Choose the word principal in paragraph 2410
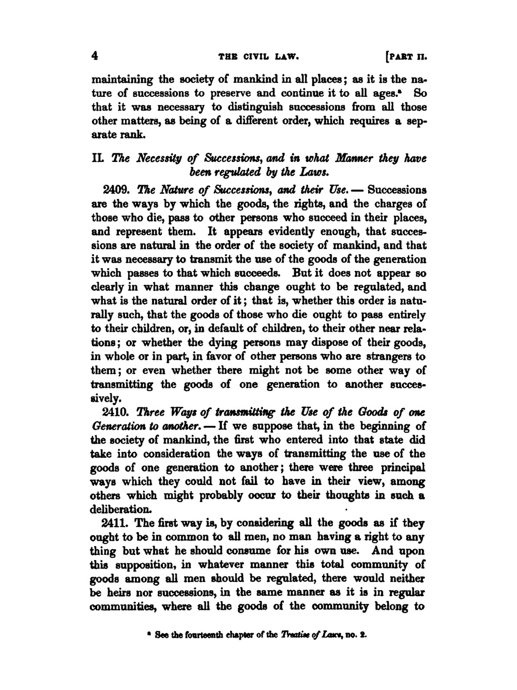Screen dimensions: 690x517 click(x=402, y=468)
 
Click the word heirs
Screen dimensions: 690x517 click(x=120, y=593)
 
